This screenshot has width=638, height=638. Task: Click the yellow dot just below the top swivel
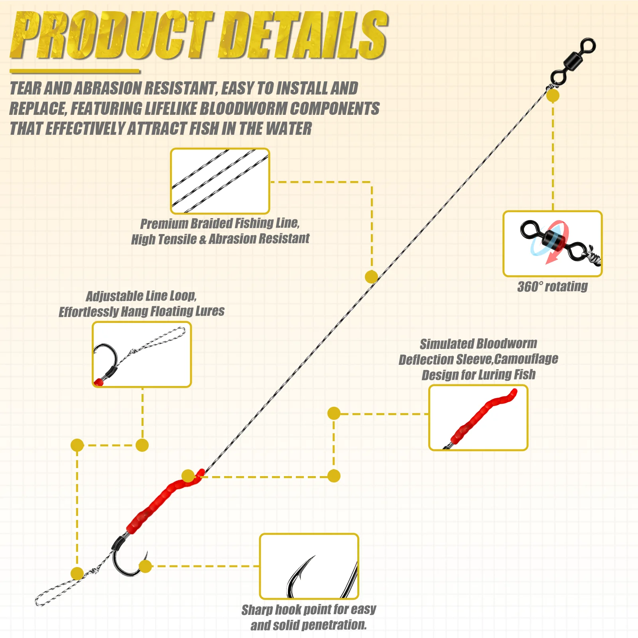(x=553, y=96)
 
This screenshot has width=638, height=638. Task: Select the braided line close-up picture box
(x=220, y=181)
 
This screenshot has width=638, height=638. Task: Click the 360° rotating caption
(x=553, y=286)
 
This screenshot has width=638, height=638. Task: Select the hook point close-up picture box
(x=309, y=566)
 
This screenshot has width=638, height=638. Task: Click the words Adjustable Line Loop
(x=141, y=296)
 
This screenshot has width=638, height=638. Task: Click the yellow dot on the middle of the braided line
(x=371, y=277)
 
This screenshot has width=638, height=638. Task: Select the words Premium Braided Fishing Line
(x=220, y=223)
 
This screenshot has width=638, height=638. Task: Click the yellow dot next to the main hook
(x=146, y=566)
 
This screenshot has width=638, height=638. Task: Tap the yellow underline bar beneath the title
(x=75, y=72)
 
